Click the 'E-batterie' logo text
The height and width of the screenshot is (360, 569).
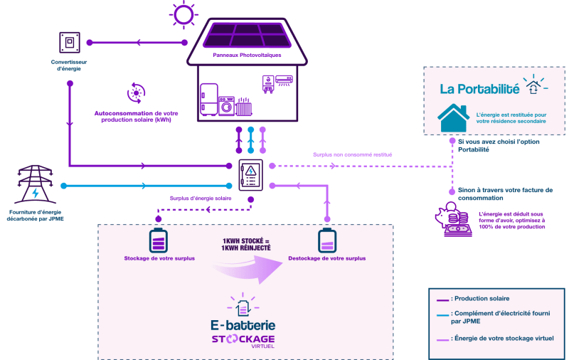pyautogui.click(x=243, y=325)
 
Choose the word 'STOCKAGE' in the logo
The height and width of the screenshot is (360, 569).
pyautogui.click(x=243, y=339)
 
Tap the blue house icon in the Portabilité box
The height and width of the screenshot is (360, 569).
pyautogui.click(x=453, y=117)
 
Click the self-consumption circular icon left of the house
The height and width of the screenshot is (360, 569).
pyautogui.click(x=134, y=92)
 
